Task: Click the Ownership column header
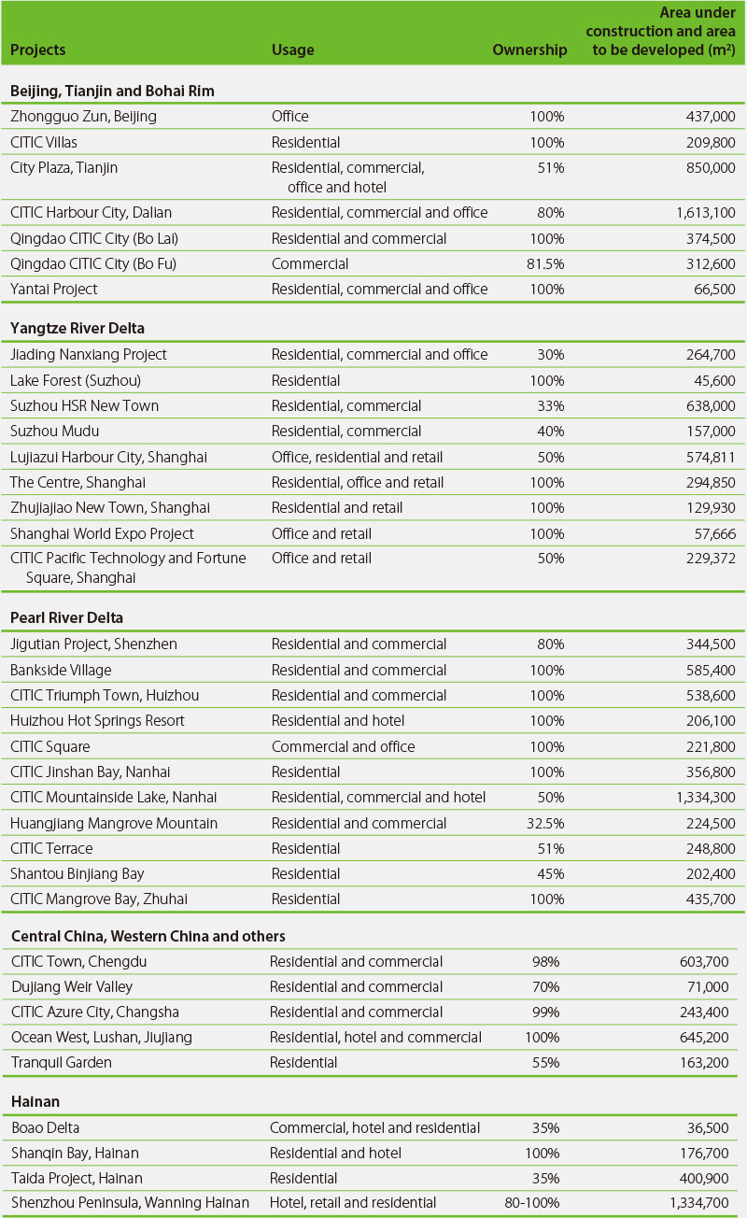point(529,50)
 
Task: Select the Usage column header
point(292,50)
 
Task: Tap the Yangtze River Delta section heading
point(78,329)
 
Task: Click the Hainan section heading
point(35,1101)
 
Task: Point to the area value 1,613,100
point(706,213)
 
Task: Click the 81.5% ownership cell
point(545,264)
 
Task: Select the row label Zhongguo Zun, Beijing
point(83,117)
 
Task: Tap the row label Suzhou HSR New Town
point(84,406)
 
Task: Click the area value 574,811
point(710,458)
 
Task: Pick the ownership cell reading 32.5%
point(545,823)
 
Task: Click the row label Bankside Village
point(61,670)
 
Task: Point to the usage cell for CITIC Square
point(343,746)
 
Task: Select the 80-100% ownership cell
point(531,1202)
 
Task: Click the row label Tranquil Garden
point(62,1062)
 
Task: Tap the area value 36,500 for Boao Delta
point(708,1127)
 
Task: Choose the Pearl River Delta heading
point(66,617)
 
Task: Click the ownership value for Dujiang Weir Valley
point(546,986)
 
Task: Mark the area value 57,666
point(714,534)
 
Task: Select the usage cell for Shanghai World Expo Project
point(321,534)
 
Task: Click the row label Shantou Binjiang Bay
point(78,874)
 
